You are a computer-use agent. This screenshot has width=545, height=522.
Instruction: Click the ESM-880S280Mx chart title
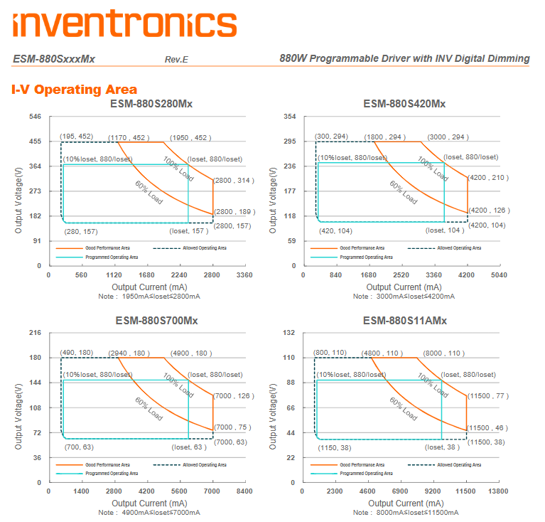151,104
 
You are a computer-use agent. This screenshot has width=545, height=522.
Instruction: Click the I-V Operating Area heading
74,90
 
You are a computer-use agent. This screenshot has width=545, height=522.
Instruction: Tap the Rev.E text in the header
176,59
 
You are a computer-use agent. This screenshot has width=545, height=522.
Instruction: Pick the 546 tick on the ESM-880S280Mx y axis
35,116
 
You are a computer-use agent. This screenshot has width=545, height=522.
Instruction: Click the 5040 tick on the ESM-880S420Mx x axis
499,274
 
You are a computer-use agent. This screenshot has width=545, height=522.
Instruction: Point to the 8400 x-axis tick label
244,491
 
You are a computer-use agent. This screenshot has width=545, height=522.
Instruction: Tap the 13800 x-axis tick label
499,491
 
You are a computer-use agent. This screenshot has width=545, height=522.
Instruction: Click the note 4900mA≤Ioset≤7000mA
149,512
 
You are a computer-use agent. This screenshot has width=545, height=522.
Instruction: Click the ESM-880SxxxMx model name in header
54,58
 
